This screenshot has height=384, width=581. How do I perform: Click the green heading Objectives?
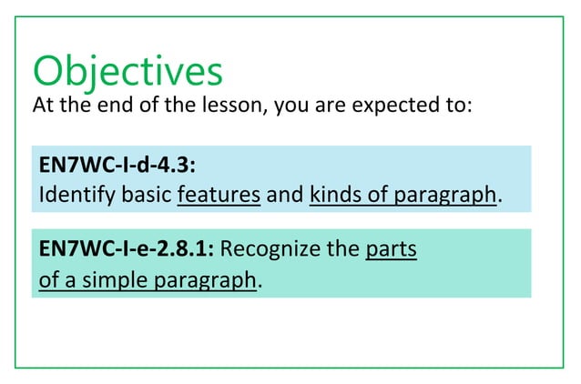127,71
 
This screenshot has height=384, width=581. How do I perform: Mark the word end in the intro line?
107,106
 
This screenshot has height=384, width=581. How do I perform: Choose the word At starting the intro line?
44,106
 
